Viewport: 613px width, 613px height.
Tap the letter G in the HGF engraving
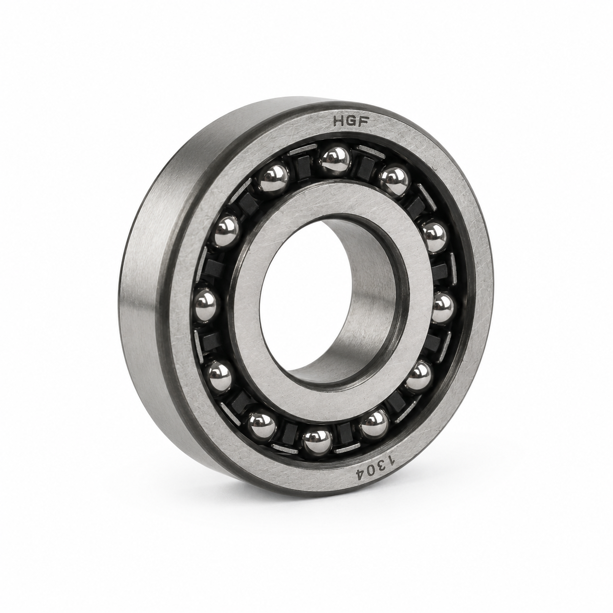click(x=352, y=122)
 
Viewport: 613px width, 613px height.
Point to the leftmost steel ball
click(x=206, y=303)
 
